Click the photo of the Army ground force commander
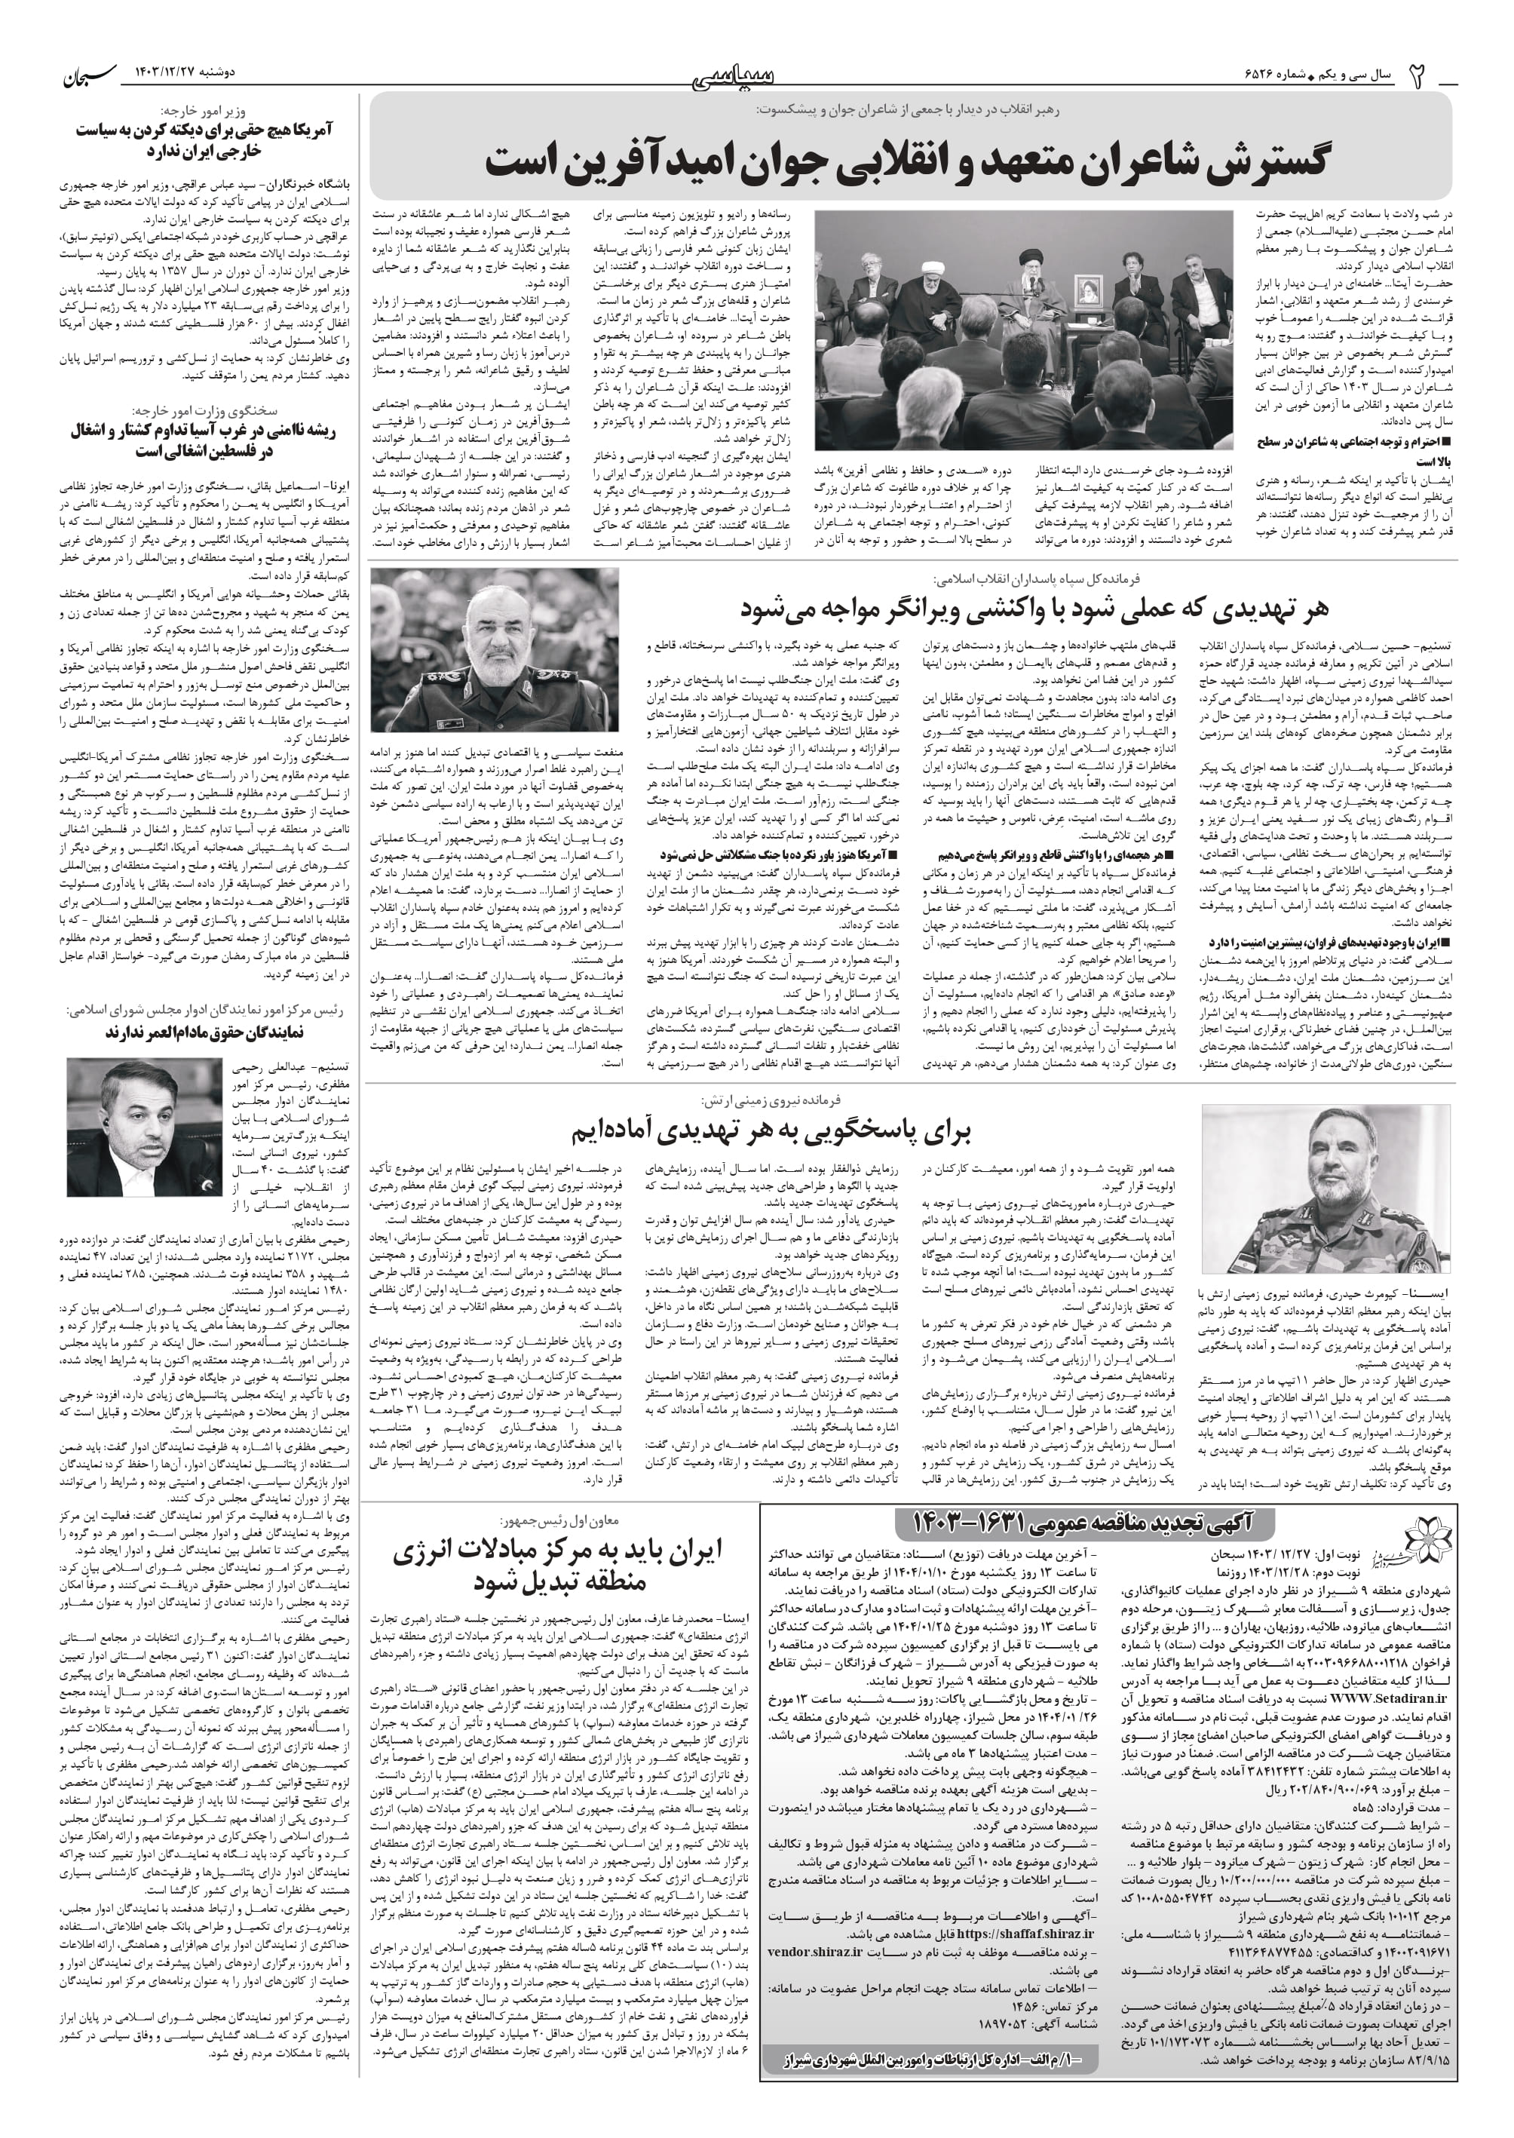[x=1339, y=1189]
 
